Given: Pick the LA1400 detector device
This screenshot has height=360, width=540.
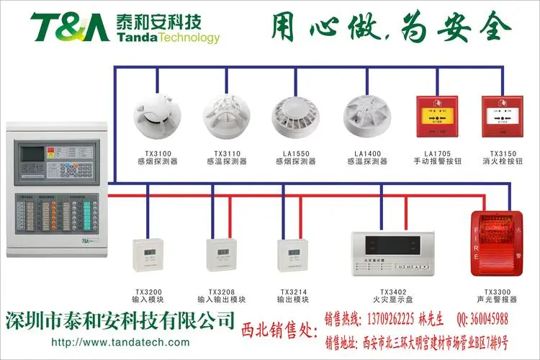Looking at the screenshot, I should (x=366, y=116).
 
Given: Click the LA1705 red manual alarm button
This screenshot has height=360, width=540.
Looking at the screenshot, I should (x=433, y=116).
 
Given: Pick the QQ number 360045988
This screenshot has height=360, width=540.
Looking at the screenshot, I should (x=482, y=319).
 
